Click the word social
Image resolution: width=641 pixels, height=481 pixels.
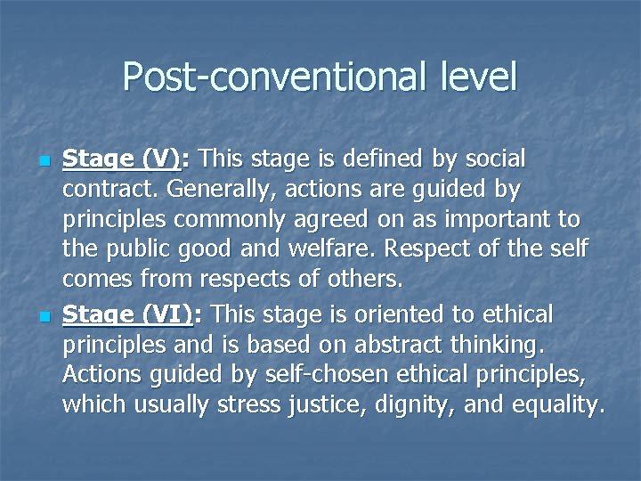pos(487,159)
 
